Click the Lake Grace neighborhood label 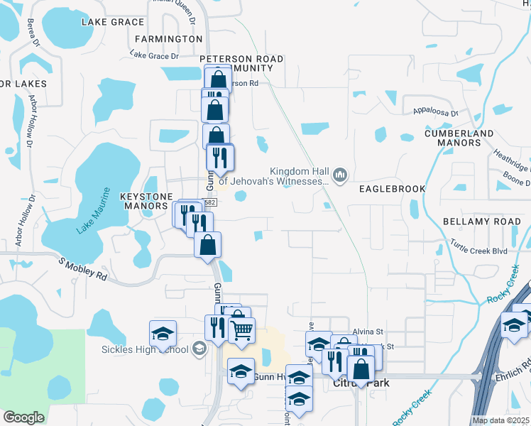pos(113,22)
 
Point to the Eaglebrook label pos(392,189)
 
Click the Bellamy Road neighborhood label pos(481,222)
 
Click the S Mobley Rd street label pos(83,269)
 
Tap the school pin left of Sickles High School pos(163,334)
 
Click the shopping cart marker pos(242,329)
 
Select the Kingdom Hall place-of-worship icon pos(340,174)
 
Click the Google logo pos(23,417)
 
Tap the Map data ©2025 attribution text pos(501,420)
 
